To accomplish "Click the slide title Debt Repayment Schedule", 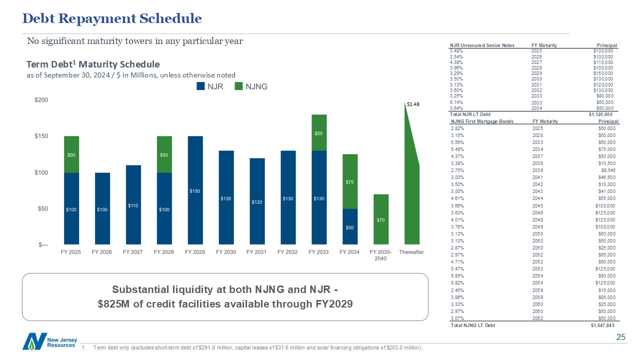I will [112, 19].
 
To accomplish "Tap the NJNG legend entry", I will [252, 86].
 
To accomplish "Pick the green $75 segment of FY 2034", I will [349, 181].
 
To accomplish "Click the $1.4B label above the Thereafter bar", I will [412, 104].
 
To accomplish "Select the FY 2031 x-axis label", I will [256, 252].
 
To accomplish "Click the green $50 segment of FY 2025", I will [71, 154].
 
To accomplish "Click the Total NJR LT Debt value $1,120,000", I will [601, 114].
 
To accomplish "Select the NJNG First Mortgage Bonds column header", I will [482, 121].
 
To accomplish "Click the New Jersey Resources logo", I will [49, 341].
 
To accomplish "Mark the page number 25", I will [621, 337].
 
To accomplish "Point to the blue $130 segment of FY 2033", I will [318, 198].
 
